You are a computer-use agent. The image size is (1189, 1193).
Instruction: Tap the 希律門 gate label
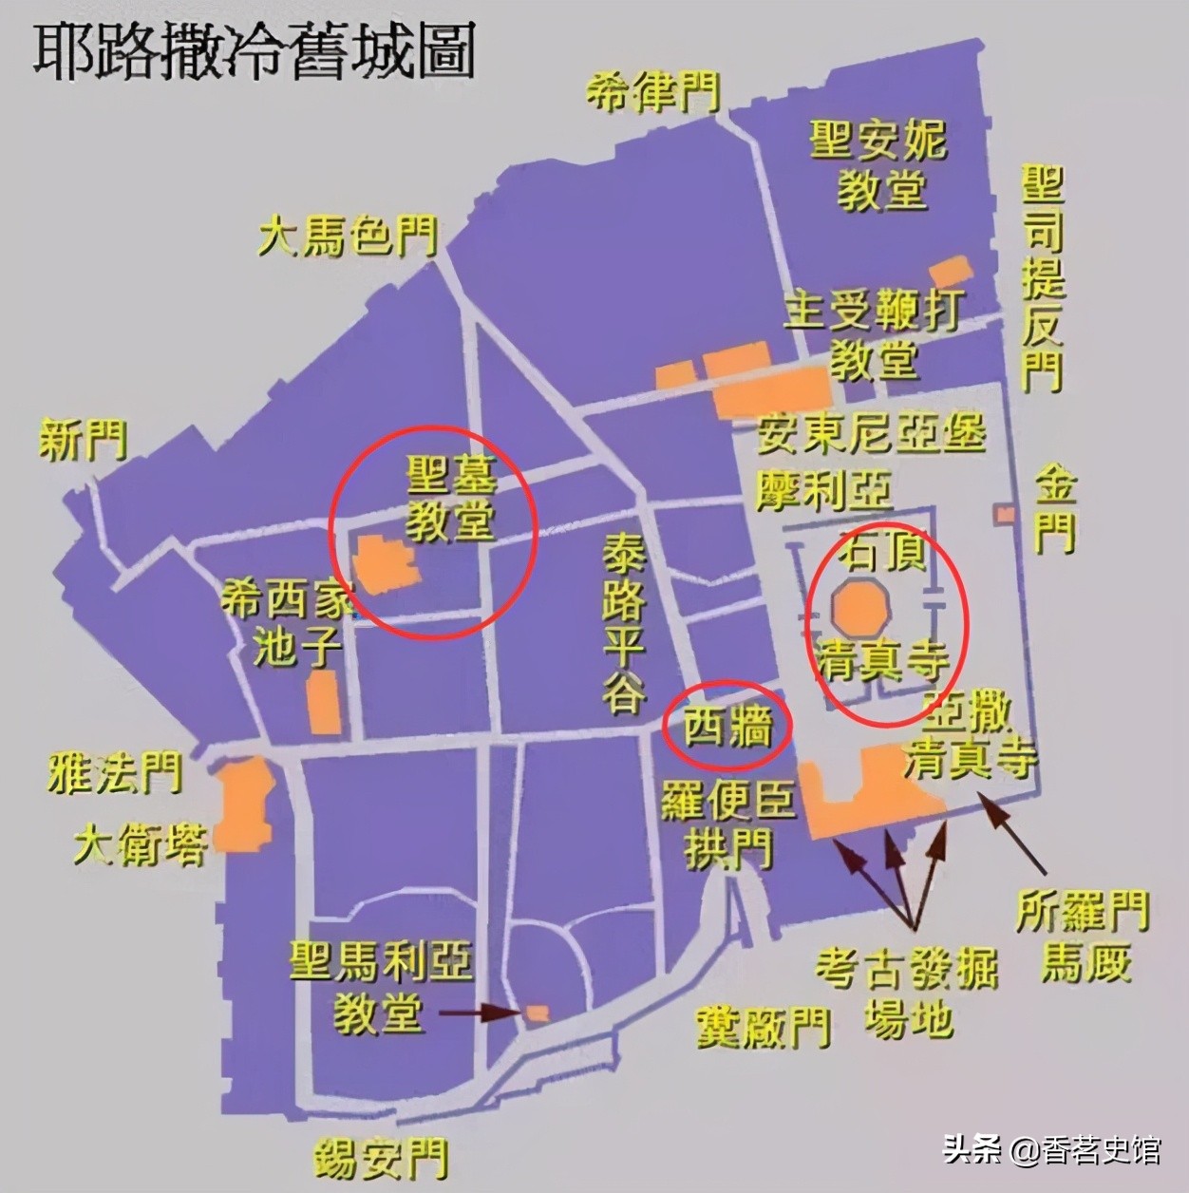[x=651, y=92]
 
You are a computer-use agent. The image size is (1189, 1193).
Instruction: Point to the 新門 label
[x=83, y=441]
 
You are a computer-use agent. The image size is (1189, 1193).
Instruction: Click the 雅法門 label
[x=114, y=773]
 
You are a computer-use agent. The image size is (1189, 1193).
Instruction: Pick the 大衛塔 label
[x=140, y=843]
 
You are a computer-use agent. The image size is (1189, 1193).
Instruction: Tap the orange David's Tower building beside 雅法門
[x=244, y=802]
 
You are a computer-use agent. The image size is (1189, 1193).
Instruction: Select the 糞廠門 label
[x=763, y=1027]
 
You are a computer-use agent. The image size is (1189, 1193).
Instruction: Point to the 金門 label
[x=1055, y=508]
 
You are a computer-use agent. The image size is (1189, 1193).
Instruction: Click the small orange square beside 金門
[x=1004, y=514]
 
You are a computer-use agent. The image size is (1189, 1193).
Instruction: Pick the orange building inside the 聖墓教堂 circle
[x=386, y=564]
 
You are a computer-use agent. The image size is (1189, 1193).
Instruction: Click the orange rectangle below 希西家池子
[x=324, y=701]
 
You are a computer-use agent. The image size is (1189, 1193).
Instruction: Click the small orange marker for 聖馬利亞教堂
[x=538, y=1013]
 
